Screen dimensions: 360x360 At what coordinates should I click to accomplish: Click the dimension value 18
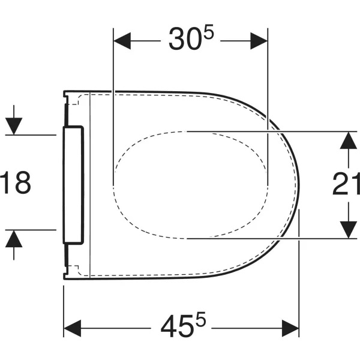(16, 182)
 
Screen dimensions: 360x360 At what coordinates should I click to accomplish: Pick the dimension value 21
(346, 184)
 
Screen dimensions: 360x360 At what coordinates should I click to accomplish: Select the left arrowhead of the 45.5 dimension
(73, 328)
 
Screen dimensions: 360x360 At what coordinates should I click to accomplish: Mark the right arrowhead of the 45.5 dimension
(290, 328)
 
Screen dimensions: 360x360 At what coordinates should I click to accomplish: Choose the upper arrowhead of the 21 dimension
(346, 139)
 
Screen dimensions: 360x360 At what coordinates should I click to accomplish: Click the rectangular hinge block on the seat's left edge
(73, 184)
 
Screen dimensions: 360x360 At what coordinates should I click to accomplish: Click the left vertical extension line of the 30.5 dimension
(113, 108)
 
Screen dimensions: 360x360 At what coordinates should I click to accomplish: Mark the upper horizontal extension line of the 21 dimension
(270, 131)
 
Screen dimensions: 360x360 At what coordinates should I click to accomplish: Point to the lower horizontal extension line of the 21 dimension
(270, 238)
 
